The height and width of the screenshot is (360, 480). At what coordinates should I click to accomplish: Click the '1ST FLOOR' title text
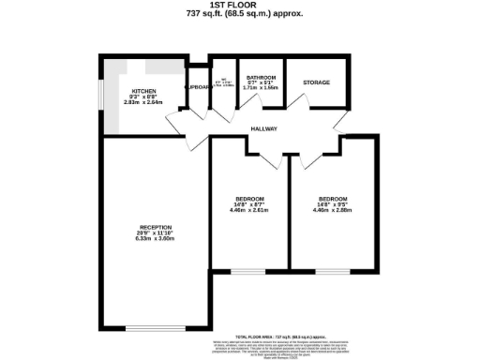(239, 6)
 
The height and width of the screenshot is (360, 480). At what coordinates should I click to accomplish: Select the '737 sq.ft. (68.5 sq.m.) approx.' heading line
(239, 14)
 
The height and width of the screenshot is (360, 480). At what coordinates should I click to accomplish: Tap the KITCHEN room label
(143, 90)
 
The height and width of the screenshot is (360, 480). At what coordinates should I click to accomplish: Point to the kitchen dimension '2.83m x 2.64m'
(143, 102)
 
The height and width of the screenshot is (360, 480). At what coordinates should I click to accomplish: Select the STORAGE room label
(317, 83)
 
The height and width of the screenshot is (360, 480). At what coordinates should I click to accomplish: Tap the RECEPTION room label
(157, 227)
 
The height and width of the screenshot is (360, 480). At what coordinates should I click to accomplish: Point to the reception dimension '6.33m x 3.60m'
(157, 240)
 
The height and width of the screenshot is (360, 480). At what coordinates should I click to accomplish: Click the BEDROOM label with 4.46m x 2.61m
(248, 199)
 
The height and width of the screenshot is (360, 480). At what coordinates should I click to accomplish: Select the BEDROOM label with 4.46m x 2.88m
(334, 199)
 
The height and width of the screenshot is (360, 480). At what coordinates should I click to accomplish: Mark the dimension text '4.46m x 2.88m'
(334, 211)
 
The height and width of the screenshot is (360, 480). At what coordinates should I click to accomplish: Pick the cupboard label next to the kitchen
(198, 87)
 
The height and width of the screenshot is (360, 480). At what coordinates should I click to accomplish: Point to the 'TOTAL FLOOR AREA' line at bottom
(281, 334)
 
